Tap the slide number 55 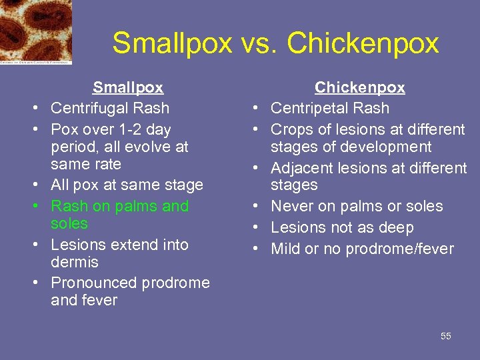coord(445,336)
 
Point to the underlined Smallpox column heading coord(127,87)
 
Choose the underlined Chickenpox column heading coord(359,87)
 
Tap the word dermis coord(74,262)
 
